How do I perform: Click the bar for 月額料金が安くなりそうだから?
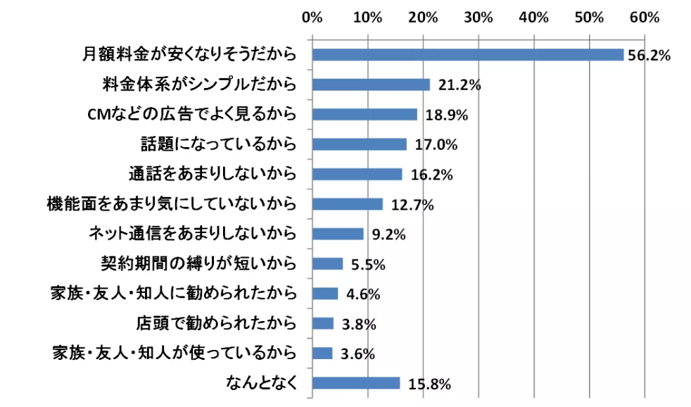[x=467, y=55]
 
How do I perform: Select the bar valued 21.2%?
[x=370, y=84]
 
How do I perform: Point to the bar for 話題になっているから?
[x=359, y=144]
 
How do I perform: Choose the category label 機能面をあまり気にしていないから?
[x=170, y=204]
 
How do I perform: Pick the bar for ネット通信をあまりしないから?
[x=337, y=234]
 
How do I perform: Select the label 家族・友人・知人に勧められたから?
[x=172, y=293]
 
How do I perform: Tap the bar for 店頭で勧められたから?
[x=322, y=323]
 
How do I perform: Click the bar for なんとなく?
[x=355, y=383]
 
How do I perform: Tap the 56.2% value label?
[x=648, y=56]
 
